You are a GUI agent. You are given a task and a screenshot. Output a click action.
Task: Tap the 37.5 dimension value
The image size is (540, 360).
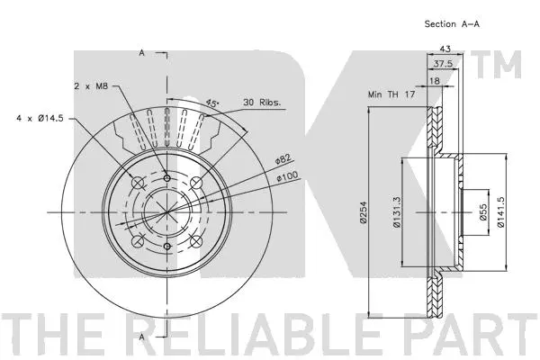pos(440,64)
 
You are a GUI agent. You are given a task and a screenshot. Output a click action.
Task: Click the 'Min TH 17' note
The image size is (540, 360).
pos(391,94)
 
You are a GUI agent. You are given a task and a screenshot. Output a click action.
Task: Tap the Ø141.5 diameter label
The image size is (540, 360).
pos(501,211)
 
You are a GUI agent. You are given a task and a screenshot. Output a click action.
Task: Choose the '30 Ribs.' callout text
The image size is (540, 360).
pos(263,103)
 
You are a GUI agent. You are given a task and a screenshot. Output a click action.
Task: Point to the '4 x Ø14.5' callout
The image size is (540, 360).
pos(40,117)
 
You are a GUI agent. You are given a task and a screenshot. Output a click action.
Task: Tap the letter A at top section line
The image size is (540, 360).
pos(142,55)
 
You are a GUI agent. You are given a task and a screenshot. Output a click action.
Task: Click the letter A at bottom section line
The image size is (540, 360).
pos(142,336)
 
